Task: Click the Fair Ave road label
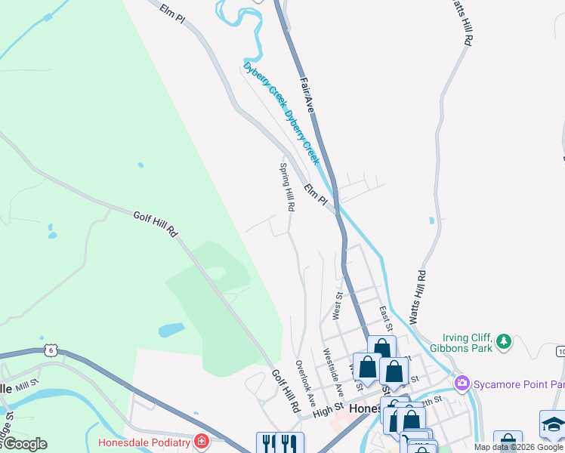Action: point(306,95)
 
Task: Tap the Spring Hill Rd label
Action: point(287,186)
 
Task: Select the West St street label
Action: point(338,306)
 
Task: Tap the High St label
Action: point(328,410)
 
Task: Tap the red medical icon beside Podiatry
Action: point(202,441)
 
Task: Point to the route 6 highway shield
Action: point(51,350)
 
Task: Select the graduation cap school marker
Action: point(553,424)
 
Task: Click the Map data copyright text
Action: point(518,447)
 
